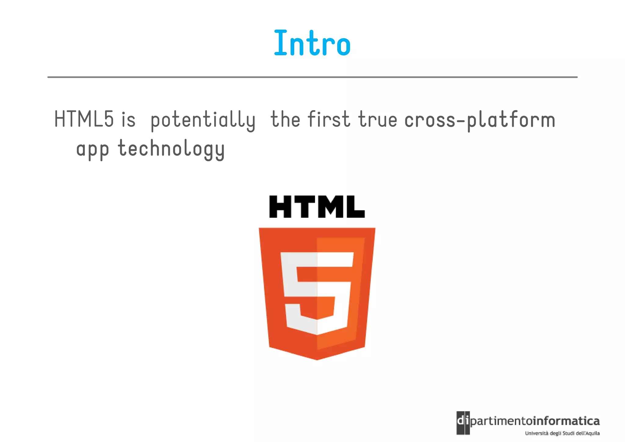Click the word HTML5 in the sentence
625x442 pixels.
pyautogui.click(x=84, y=119)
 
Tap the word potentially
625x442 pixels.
pyautogui.click(x=203, y=120)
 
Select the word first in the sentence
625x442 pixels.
pyautogui.click(x=329, y=119)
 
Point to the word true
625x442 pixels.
pyautogui.click(x=378, y=119)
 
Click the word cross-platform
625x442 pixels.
pyautogui.click(x=479, y=120)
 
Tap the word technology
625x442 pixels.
pyautogui.click(x=171, y=149)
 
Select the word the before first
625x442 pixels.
pyautogui.click(x=285, y=119)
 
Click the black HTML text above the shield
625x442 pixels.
pyautogui.click(x=317, y=207)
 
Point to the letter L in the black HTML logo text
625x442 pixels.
pyautogui.click(x=356, y=207)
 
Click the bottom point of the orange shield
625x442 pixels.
pyautogui.click(x=317, y=359)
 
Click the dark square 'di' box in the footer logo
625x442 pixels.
pyautogui.click(x=463, y=423)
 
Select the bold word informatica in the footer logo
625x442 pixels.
pyautogui.click(x=566, y=421)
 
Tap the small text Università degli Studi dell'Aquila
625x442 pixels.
pyautogui.click(x=562, y=433)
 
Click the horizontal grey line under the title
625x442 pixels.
pyautogui.click(x=312, y=77)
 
